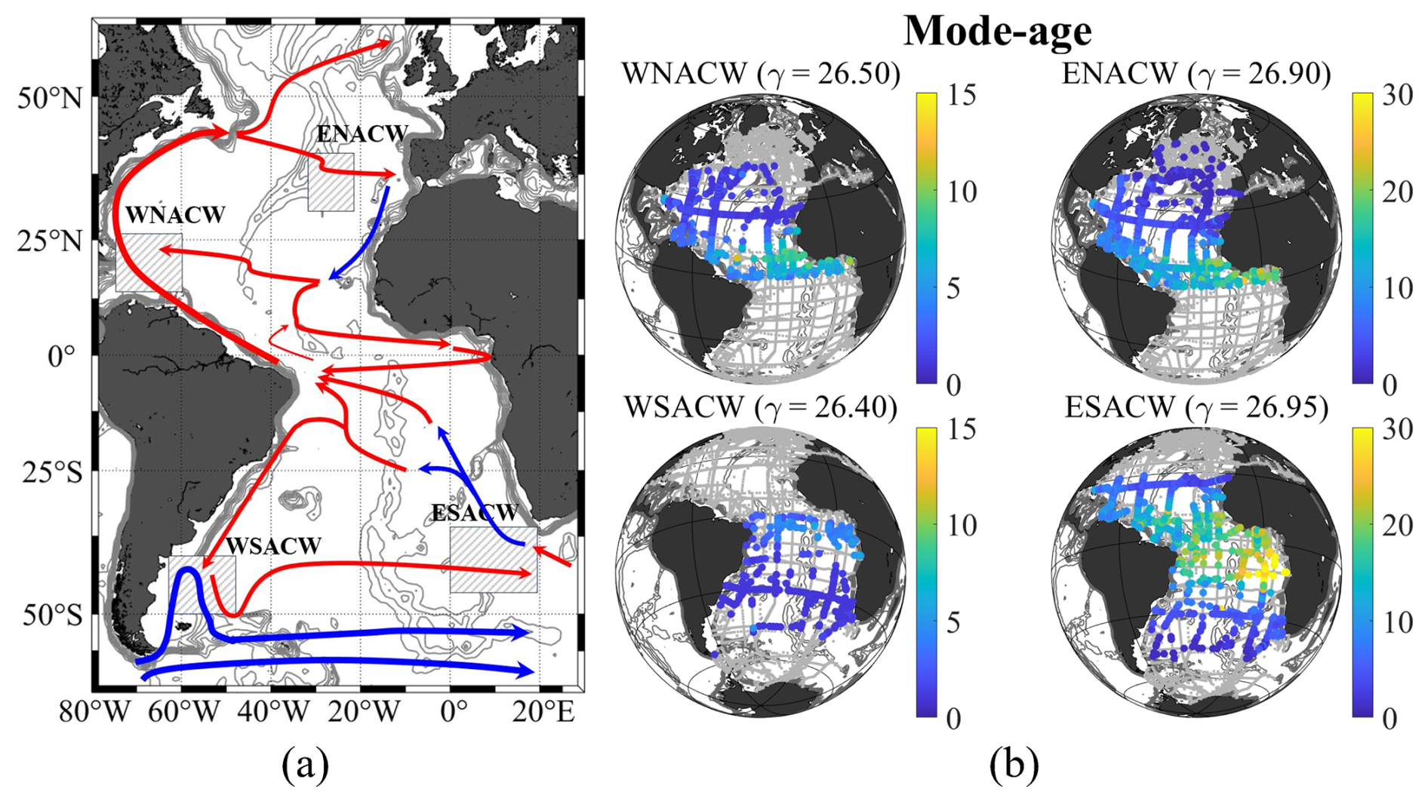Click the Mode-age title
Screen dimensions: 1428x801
click(x=997, y=32)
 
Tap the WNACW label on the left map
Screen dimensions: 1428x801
click(x=175, y=215)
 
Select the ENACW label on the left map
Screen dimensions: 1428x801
click(x=362, y=133)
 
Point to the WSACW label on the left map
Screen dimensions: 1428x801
click(x=274, y=545)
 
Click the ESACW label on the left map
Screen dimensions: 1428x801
click(x=475, y=513)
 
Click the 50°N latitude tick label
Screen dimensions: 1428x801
click(x=51, y=98)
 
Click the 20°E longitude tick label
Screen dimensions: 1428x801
click(x=543, y=712)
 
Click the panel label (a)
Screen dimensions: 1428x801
click(x=305, y=767)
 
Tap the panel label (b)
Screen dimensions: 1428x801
click(x=1014, y=767)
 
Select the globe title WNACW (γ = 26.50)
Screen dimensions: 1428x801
click(x=762, y=75)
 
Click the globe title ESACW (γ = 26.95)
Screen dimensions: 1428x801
click(x=1197, y=407)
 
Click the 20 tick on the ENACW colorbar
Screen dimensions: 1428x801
click(x=1396, y=192)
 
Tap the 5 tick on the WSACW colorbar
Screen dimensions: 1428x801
click(x=954, y=623)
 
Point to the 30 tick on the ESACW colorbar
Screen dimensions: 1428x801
click(x=1396, y=430)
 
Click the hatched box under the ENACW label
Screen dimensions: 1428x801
click(x=331, y=183)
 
